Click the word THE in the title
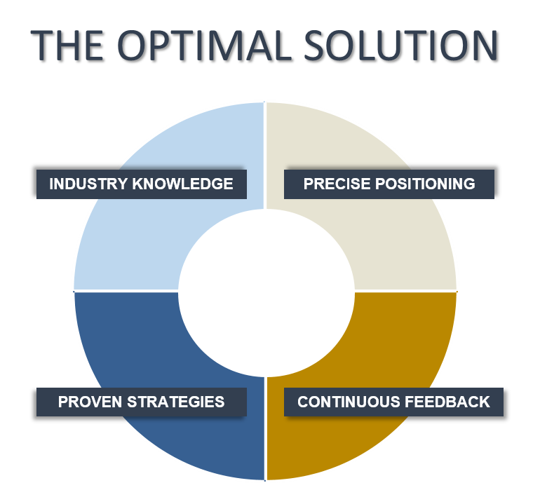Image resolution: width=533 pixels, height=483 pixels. click(67, 45)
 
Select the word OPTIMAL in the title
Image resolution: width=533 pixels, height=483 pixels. click(203, 45)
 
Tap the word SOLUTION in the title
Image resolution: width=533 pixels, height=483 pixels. click(400, 45)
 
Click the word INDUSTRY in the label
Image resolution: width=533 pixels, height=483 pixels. click(89, 184)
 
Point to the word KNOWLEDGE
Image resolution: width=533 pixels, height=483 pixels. click(182, 184)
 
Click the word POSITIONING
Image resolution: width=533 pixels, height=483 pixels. click(425, 184)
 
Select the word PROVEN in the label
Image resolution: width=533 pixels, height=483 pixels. click(90, 402)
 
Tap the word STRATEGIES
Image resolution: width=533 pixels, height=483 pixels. click(176, 402)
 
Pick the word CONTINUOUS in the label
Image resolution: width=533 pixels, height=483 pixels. click(349, 402)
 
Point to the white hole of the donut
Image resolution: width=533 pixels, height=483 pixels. click(266, 293)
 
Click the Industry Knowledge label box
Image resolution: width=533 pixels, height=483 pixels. click(142, 184)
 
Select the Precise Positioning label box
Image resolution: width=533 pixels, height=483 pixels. click(389, 184)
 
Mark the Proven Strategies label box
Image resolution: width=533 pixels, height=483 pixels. click(142, 402)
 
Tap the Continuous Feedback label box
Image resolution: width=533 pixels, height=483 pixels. click(393, 402)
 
